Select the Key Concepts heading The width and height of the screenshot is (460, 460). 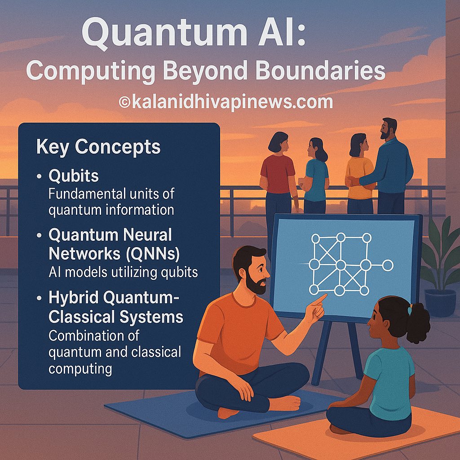98,147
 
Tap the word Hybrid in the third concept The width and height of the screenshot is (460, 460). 73,299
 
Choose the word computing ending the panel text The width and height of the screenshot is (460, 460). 80,369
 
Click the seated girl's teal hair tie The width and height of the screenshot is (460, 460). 410,310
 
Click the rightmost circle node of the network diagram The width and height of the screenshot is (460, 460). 388,265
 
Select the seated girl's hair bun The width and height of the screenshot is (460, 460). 420,323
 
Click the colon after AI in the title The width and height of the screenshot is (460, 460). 300,37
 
